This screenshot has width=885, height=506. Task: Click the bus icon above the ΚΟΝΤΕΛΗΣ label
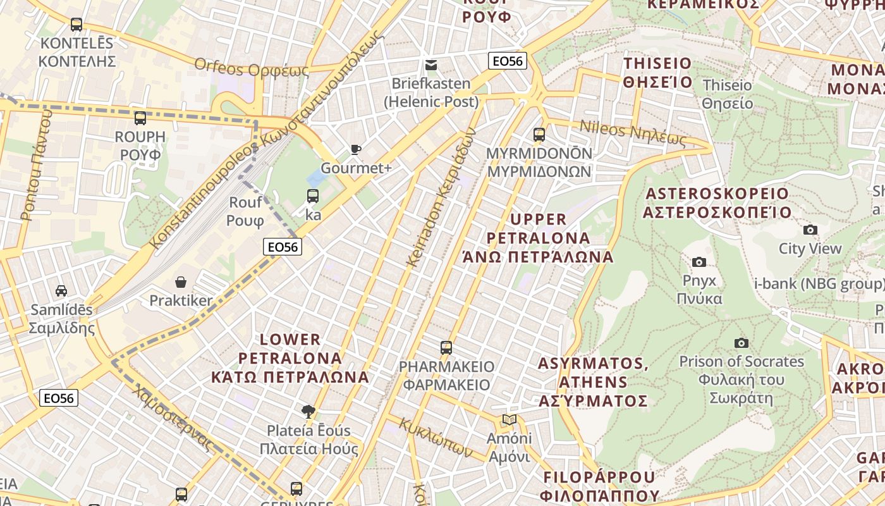(76, 25)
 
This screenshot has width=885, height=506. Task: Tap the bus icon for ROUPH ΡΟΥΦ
(140, 118)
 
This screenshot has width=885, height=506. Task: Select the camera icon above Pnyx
(699, 262)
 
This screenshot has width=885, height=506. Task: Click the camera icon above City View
(810, 230)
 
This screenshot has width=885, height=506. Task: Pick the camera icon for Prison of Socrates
(741, 343)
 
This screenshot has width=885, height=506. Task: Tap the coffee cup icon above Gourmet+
(356, 150)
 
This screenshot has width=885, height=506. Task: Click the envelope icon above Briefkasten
(431, 65)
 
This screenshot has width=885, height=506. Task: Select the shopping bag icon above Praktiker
(181, 282)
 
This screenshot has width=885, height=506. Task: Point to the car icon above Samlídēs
(61, 291)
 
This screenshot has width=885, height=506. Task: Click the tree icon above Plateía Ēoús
(308, 412)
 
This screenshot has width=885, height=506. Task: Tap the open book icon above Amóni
(509, 420)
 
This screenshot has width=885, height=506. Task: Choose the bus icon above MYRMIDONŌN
(539, 135)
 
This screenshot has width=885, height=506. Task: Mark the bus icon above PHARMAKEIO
(446, 348)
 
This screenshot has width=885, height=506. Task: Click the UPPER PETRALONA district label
(538, 238)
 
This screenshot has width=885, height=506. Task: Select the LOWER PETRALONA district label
(290, 358)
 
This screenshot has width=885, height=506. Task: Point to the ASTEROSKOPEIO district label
(717, 202)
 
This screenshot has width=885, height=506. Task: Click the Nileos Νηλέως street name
(633, 133)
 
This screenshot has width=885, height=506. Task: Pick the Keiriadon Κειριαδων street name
(441, 197)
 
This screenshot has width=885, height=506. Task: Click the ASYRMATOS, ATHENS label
(593, 382)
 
